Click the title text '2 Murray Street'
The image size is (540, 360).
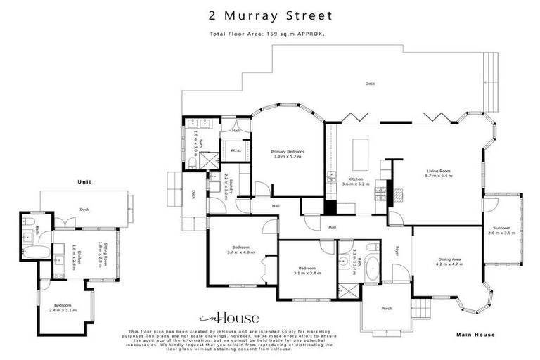[x=270, y=13]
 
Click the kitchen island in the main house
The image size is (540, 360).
[x=359, y=150]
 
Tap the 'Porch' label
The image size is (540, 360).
[x=386, y=309]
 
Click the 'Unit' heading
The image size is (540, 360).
[x=84, y=182]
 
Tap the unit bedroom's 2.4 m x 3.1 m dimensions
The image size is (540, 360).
[x=63, y=309]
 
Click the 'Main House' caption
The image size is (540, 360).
[x=476, y=335]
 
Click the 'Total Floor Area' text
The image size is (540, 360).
[x=269, y=34]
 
